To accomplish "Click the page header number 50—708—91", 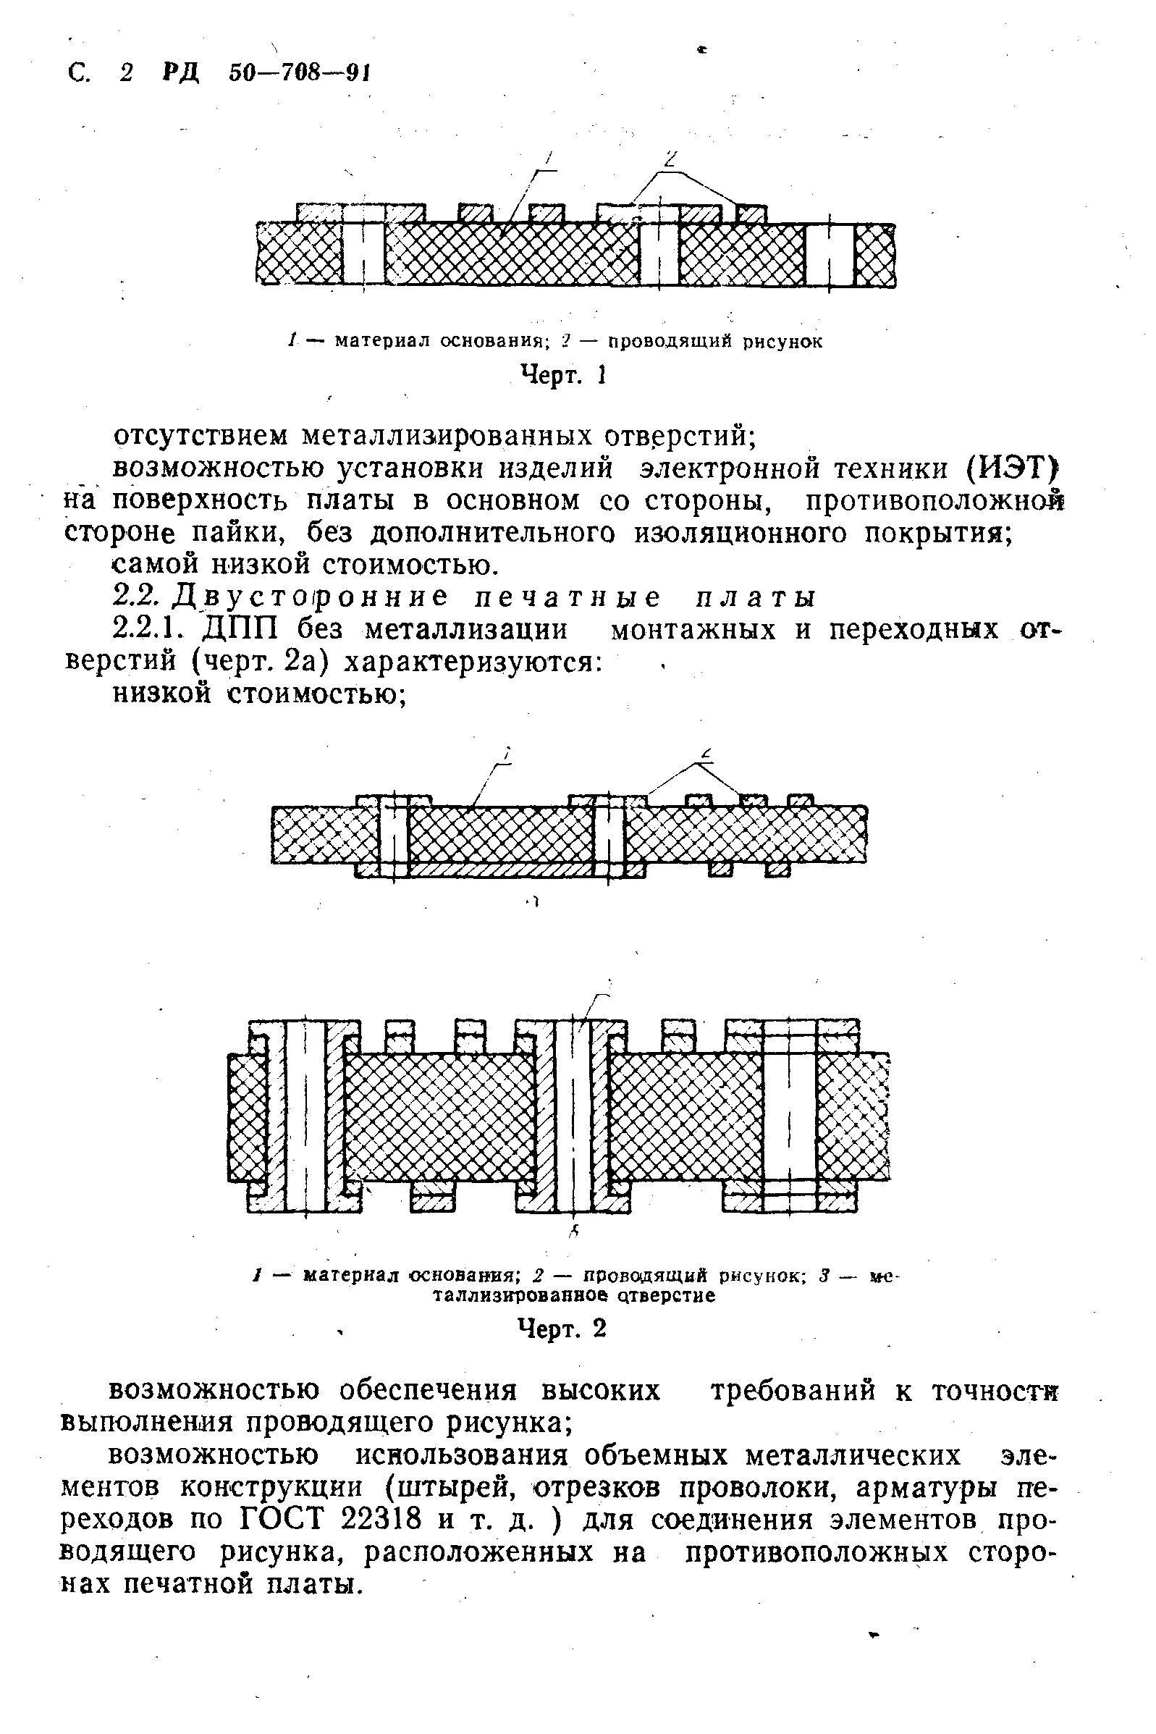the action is [x=298, y=73].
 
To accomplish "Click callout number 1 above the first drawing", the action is [x=549, y=157].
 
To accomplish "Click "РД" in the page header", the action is [x=179, y=73].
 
